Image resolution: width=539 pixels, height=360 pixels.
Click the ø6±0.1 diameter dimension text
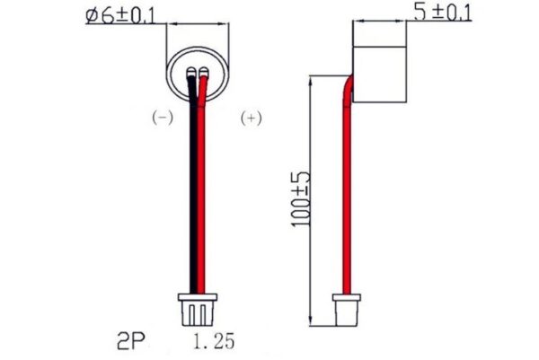124,16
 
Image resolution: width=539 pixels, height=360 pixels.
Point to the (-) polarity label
161,118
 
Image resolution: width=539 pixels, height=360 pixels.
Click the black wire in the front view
192,198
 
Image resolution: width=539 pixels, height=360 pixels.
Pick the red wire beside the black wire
203,198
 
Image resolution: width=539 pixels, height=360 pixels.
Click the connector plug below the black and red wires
198,310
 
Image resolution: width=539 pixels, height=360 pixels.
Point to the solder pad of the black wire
193,73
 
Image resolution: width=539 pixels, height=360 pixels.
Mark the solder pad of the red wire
204,73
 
